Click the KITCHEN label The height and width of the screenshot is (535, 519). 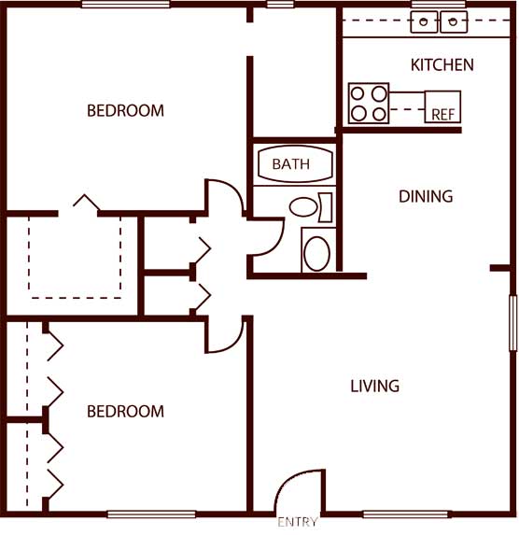click(x=442, y=64)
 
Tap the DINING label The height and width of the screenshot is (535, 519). click(x=426, y=196)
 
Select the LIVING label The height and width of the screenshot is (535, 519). click(x=374, y=386)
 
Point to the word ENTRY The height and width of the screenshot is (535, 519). click(x=298, y=522)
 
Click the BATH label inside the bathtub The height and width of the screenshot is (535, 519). click(x=291, y=164)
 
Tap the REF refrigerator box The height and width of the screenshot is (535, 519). click(x=442, y=106)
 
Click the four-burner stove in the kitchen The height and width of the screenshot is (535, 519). click(x=369, y=103)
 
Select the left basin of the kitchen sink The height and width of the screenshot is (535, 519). click(x=424, y=22)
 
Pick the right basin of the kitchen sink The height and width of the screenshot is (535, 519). click(x=454, y=22)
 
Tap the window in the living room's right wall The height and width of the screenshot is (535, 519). click(x=513, y=323)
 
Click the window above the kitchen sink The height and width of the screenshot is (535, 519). click(x=438, y=4)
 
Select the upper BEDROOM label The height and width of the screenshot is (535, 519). click(x=125, y=110)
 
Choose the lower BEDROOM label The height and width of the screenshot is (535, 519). click(x=125, y=411)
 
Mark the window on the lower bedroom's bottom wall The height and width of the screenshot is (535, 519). click(x=151, y=514)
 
